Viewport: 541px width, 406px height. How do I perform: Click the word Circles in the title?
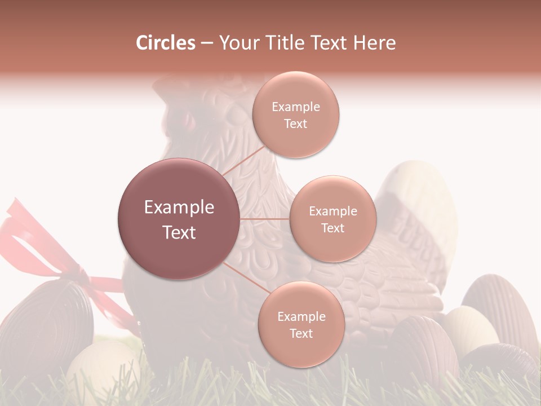(165, 43)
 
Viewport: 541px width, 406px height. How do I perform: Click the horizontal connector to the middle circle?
(265, 219)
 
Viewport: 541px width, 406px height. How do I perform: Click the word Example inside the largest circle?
(179, 208)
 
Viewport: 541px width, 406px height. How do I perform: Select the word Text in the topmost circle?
(296, 124)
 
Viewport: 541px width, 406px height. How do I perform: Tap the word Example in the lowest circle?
(301, 316)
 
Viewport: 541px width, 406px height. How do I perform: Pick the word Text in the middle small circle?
(332, 228)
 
